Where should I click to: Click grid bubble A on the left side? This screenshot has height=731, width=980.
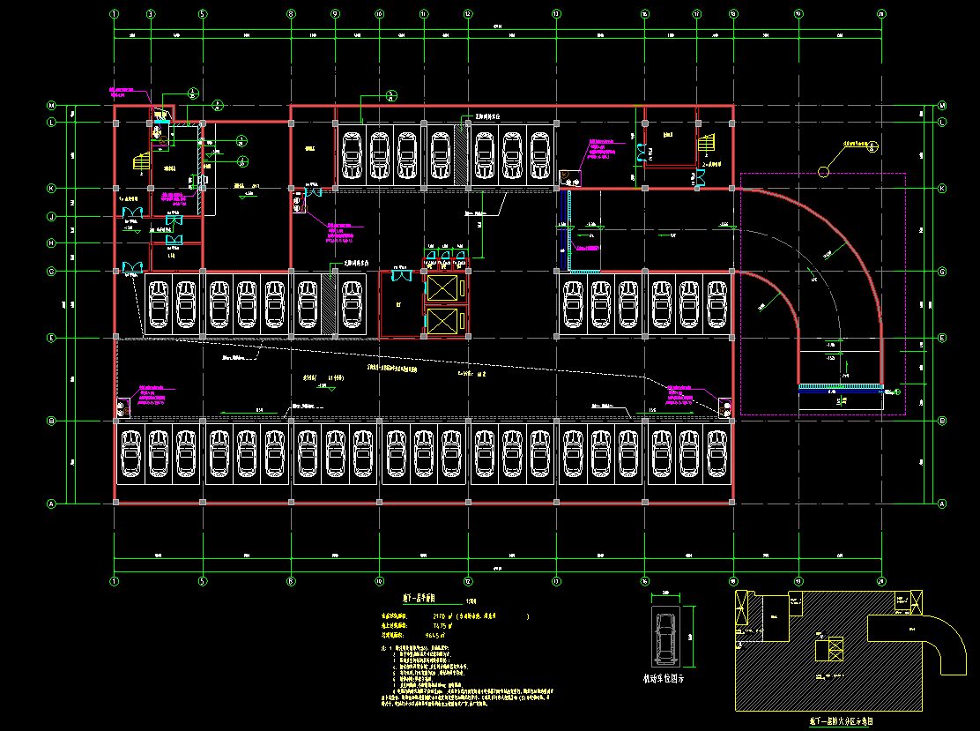click(51, 503)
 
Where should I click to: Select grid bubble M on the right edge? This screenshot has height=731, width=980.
click(942, 105)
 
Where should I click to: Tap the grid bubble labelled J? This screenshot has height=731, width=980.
click(51, 217)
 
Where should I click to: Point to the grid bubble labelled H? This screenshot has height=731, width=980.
click(51, 243)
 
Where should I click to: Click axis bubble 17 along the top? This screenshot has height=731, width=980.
click(697, 14)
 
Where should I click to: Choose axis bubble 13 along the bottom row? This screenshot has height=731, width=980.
click(556, 581)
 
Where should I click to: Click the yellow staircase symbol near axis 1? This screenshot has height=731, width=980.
click(140, 162)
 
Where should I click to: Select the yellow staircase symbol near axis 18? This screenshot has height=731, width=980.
click(707, 144)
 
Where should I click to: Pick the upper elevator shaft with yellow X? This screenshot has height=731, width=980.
click(443, 287)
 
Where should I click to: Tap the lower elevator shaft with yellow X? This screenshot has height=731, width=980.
click(443, 321)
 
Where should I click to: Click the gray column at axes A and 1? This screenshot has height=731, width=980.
click(115, 503)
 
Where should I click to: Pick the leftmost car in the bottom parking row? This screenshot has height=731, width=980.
click(131, 453)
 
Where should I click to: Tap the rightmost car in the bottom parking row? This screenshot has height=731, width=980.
click(717, 453)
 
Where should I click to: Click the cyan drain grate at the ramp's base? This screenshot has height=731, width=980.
click(840, 386)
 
